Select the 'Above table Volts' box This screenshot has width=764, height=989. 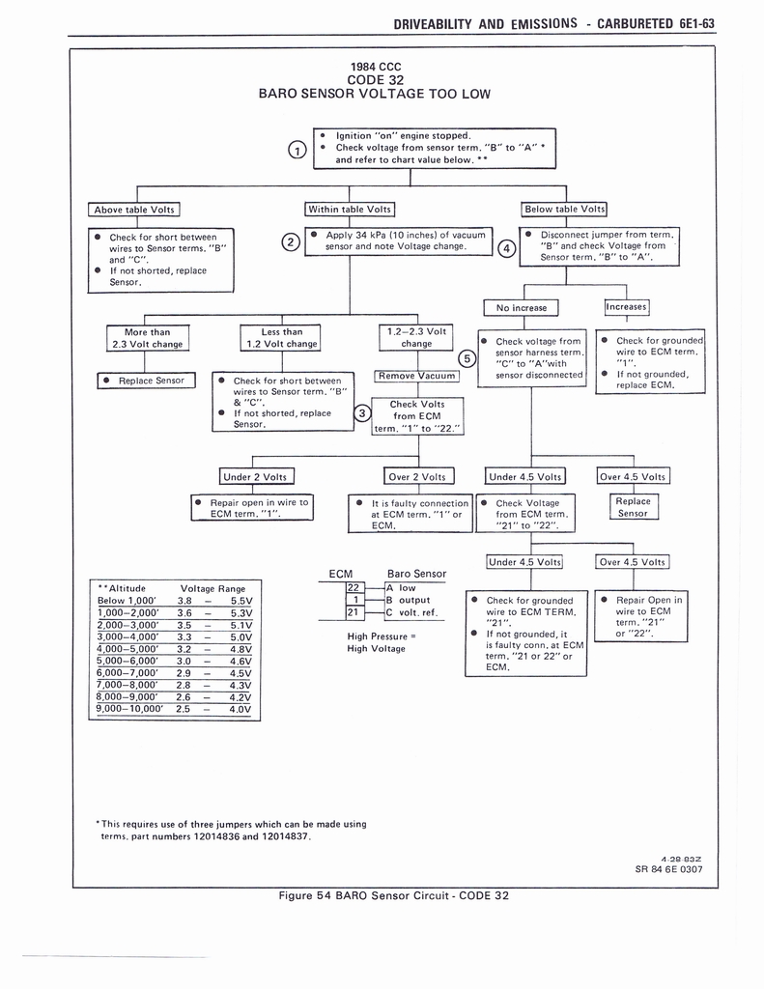click(134, 209)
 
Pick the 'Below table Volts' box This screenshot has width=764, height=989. click(565, 209)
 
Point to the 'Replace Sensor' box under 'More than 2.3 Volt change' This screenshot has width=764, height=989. click(146, 381)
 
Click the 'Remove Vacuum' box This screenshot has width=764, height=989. click(417, 376)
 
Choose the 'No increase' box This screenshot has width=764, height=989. click(522, 308)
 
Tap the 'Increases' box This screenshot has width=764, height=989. click(627, 307)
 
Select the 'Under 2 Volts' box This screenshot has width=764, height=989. click(257, 476)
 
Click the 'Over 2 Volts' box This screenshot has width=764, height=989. click(417, 476)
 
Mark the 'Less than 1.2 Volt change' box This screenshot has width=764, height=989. click(281, 337)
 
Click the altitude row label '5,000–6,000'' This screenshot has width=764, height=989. click(130, 661)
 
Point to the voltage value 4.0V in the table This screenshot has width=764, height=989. click(240, 709)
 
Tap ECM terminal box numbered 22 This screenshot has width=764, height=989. click(353, 587)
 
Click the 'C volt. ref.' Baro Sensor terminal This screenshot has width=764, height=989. click(415, 612)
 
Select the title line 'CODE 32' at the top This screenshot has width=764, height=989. click(375, 79)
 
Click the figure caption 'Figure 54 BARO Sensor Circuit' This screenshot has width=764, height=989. click(393, 895)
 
